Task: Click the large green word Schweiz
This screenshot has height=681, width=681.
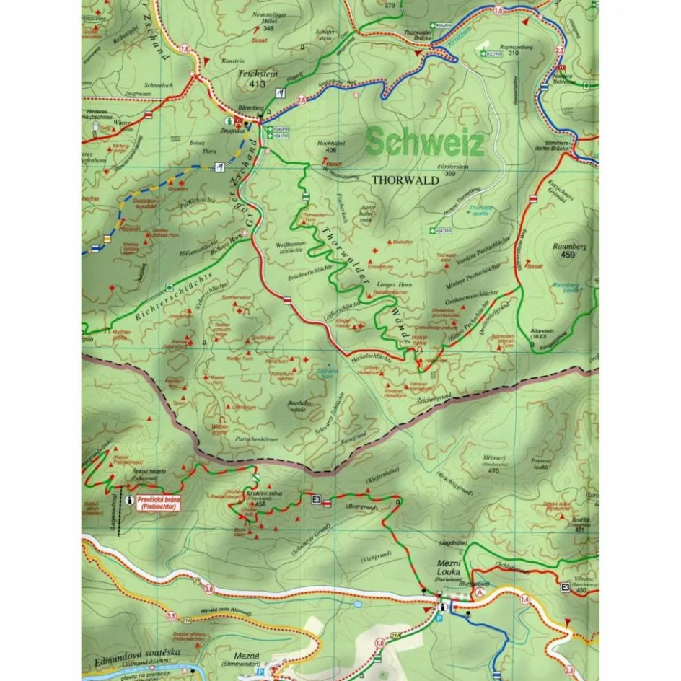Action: tap(424, 142)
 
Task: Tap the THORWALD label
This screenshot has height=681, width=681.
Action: tap(405, 180)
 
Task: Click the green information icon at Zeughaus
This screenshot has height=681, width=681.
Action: tap(229, 122)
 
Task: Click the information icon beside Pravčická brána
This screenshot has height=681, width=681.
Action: tap(128, 499)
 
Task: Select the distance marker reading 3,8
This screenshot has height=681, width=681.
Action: tap(208, 590)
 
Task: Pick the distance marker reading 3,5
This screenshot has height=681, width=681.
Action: tap(170, 616)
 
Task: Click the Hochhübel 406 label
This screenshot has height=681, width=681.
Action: tap(331, 146)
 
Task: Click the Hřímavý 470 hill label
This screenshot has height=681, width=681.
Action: tap(493, 462)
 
